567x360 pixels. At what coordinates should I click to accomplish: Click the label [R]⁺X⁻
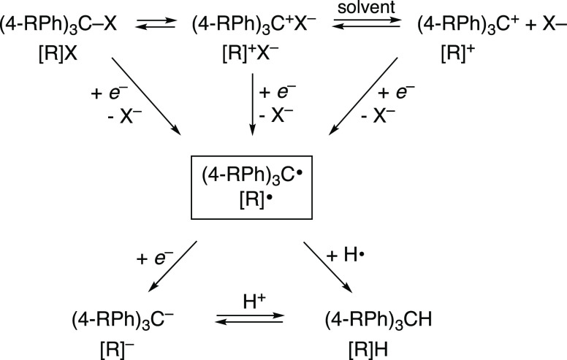[252, 55]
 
